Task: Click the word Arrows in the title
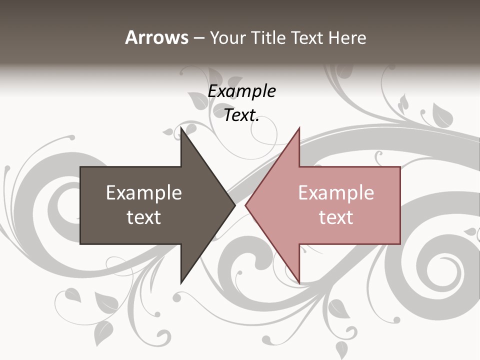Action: [156, 37]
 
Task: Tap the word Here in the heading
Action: [347, 37]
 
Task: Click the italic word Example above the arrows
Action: [241, 91]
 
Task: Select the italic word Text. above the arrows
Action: [241, 115]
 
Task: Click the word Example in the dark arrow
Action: [144, 192]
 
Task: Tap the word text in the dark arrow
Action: [144, 217]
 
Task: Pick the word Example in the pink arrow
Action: [336, 192]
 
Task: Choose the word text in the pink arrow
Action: [336, 217]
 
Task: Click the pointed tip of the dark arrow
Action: [235, 205]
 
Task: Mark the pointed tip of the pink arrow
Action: [245, 205]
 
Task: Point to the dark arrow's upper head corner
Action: [181, 128]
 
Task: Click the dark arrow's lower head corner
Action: [181, 283]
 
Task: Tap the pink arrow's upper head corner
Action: [299, 128]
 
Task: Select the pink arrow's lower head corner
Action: [299, 283]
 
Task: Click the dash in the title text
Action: [198, 38]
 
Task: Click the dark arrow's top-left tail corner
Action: [80, 167]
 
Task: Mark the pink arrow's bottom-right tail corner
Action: [400, 243]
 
